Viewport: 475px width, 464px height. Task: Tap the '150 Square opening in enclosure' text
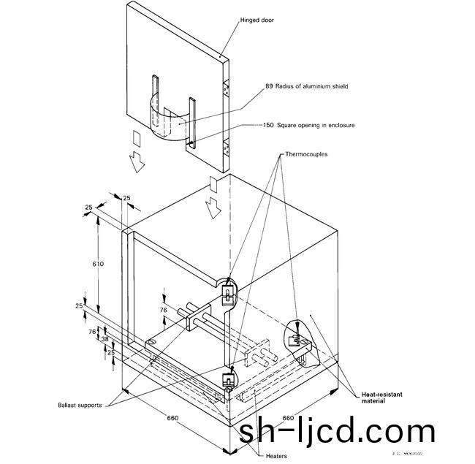pyautogui.click(x=309, y=125)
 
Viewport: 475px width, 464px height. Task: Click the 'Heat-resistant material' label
pyautogui.click(x=382, y=398)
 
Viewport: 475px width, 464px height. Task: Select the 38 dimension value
pyautogui.click(x=104, y=339)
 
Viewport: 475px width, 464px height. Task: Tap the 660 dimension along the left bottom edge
pyautogui.click(x=172, y=419)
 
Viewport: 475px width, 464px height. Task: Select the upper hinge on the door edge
pyautogui.click(x=227, y=88)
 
